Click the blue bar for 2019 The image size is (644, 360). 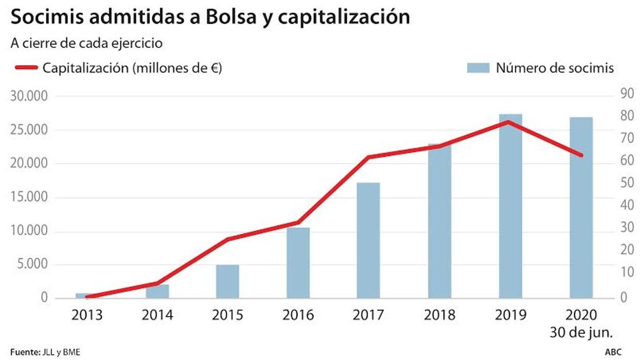(x=510, y=206)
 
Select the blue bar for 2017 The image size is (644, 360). (x=368, y=240)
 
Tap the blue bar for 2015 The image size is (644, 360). (x=227, y=282)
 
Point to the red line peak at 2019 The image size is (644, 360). (x=508, y=122)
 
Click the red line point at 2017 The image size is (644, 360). (x=368, y=157)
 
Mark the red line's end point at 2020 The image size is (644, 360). (x=582, y=155)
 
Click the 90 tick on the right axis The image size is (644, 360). (x=626, y=94)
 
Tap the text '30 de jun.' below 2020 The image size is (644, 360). (x=581, y=331)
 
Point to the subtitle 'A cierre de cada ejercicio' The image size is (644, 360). (x=87, y=43)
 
